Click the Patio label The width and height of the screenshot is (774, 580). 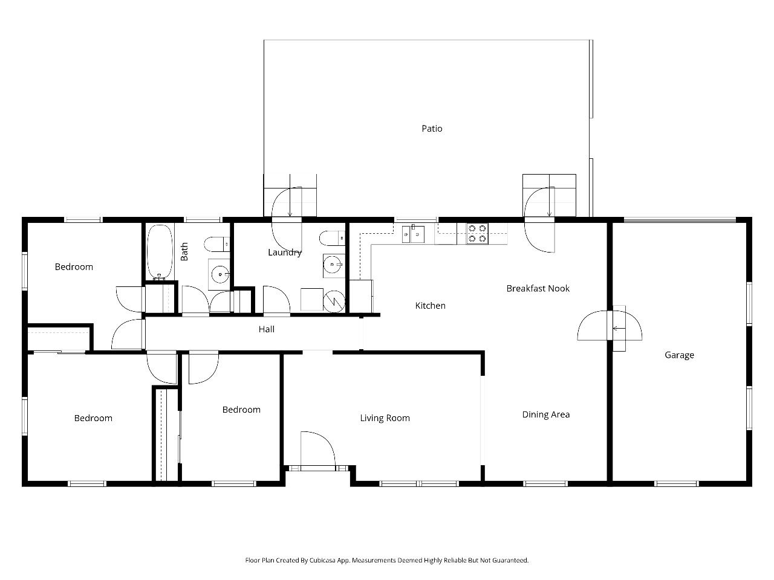point(432,129)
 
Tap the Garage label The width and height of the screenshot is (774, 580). point(679,355)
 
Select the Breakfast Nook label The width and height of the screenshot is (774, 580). point(538,288)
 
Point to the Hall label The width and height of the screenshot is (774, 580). point(266,329)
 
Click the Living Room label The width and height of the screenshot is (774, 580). point(385,418)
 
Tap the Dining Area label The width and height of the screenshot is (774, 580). point(545,414)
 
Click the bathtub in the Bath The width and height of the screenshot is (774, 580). point(160,252)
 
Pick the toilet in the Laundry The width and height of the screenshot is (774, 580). point(332,239)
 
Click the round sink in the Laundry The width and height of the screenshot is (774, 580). point(332,264)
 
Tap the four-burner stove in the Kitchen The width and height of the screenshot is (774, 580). point(477,233)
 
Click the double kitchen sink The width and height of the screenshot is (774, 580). point(413,234)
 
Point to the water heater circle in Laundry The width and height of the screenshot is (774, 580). point(334,301)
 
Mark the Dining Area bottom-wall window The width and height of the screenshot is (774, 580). point(545,483)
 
